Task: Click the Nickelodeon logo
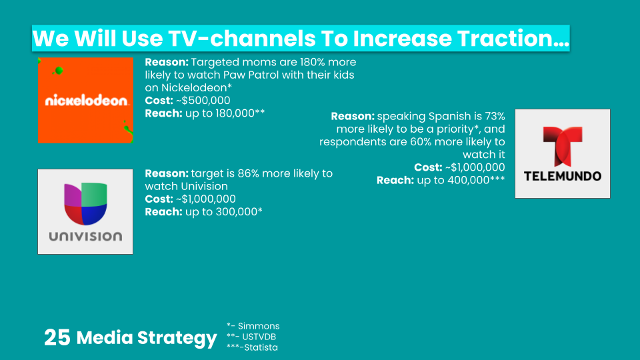coord(86,101)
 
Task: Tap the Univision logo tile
coord(85,211)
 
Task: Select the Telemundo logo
coord(563,153)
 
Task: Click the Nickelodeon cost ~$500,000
coord(203,101)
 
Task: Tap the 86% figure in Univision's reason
coord(248,173)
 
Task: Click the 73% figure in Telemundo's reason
coord(495,116)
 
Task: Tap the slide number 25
coord(57,337)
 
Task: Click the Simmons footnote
coord(253,326)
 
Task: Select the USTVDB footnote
coord(251,337)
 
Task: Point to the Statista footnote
coord(252,347)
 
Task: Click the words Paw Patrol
coord(248,75)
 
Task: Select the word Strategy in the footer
coord(177,339)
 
